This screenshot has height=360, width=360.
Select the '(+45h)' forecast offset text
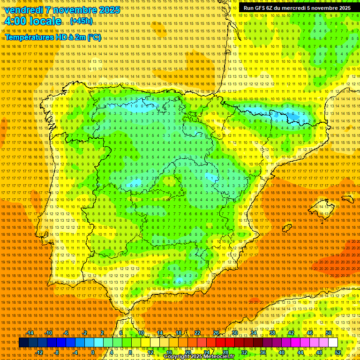[81, 22]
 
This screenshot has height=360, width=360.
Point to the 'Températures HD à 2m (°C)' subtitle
[53, 37]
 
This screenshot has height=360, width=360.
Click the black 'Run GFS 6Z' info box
[297, 8]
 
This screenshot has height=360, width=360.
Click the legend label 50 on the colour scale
[329, 333]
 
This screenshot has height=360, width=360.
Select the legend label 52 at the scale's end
[338, 352]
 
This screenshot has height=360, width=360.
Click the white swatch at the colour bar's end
[333, 343]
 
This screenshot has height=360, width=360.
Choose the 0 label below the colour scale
[93, 352]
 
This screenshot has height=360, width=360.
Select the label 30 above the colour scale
[234, 333]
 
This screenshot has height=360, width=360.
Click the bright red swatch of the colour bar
[220, 343]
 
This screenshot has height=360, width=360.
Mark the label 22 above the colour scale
[197, 333]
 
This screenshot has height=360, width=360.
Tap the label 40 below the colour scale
[281, 352]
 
